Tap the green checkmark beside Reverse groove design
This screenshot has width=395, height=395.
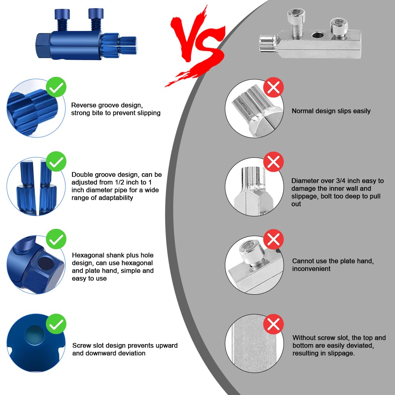56,87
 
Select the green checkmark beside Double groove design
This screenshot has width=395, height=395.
56,162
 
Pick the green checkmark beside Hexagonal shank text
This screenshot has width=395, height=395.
56,239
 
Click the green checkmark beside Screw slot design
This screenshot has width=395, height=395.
56,324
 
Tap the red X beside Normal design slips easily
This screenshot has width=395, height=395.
273,87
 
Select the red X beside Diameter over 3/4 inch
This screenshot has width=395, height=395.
273,162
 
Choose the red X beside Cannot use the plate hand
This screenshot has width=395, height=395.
273,239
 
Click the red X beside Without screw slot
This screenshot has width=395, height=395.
273,324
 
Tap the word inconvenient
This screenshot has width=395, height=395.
311,269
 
